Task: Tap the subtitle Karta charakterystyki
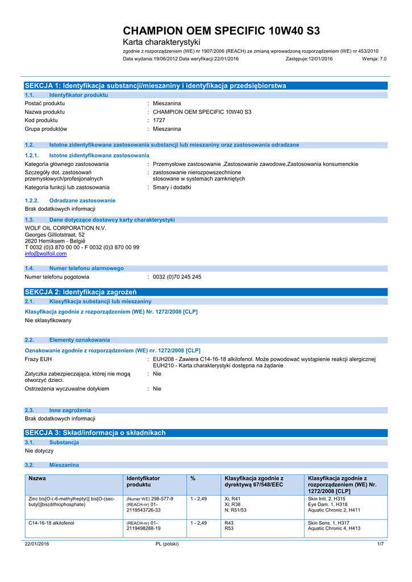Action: click(162, 43)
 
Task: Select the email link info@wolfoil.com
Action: click(45, 254)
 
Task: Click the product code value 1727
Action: click(159, 120)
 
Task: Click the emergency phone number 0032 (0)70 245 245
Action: click(177, 277)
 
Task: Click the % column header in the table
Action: click(193, 479)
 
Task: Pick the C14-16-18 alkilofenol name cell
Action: click(51, 522)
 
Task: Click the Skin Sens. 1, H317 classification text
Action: click(328, 522)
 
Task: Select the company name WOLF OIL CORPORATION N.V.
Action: click(65, 228)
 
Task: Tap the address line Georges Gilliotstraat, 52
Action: click(55, 235)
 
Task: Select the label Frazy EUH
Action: click(38, 359)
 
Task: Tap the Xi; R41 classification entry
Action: click(232, 498)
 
